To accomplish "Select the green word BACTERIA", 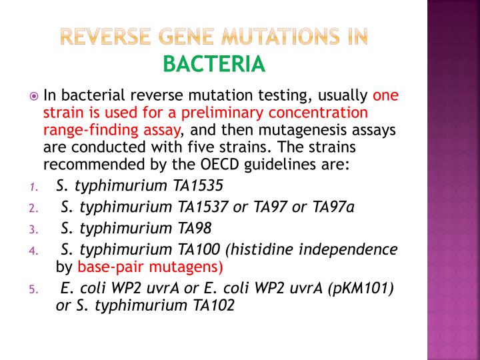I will point(214,64).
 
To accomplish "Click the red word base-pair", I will point(111,267).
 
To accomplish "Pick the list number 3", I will point(32,230).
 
